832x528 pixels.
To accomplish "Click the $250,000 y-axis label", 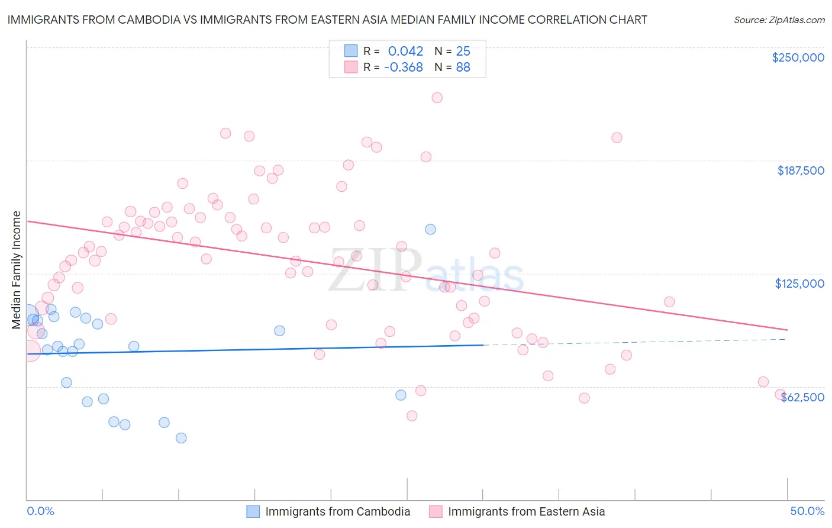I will tap(798, 57).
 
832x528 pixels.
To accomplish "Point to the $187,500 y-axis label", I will tap(800, 170).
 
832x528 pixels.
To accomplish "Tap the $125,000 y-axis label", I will tap(799, 284).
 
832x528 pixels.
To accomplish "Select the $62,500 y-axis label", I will tap(802, 397).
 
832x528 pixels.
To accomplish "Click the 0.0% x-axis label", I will tap(40, 511).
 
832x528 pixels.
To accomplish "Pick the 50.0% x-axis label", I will tap(807, 511).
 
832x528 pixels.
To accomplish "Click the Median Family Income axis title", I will tap(17, 269).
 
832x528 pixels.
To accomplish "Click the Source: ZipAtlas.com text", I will tap(779, 20).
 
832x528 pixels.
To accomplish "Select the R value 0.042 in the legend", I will tap(405, 51).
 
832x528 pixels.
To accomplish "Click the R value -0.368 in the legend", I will tap(403, 67).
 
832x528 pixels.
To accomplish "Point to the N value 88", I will tap(463, 67).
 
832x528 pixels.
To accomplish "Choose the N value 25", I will tap(463, 51).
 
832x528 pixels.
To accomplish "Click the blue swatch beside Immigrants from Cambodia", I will tap(253, 511).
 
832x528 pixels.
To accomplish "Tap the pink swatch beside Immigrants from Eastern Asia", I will tap(436, 511).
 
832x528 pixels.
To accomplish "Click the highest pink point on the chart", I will tap(437, 98).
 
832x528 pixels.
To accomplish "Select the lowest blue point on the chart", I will tap(181, 438).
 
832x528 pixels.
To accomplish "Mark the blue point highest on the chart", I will tap(430, 229).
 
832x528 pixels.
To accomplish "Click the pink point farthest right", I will tap(781, 394).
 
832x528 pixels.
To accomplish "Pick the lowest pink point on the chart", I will tap(412, 416).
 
